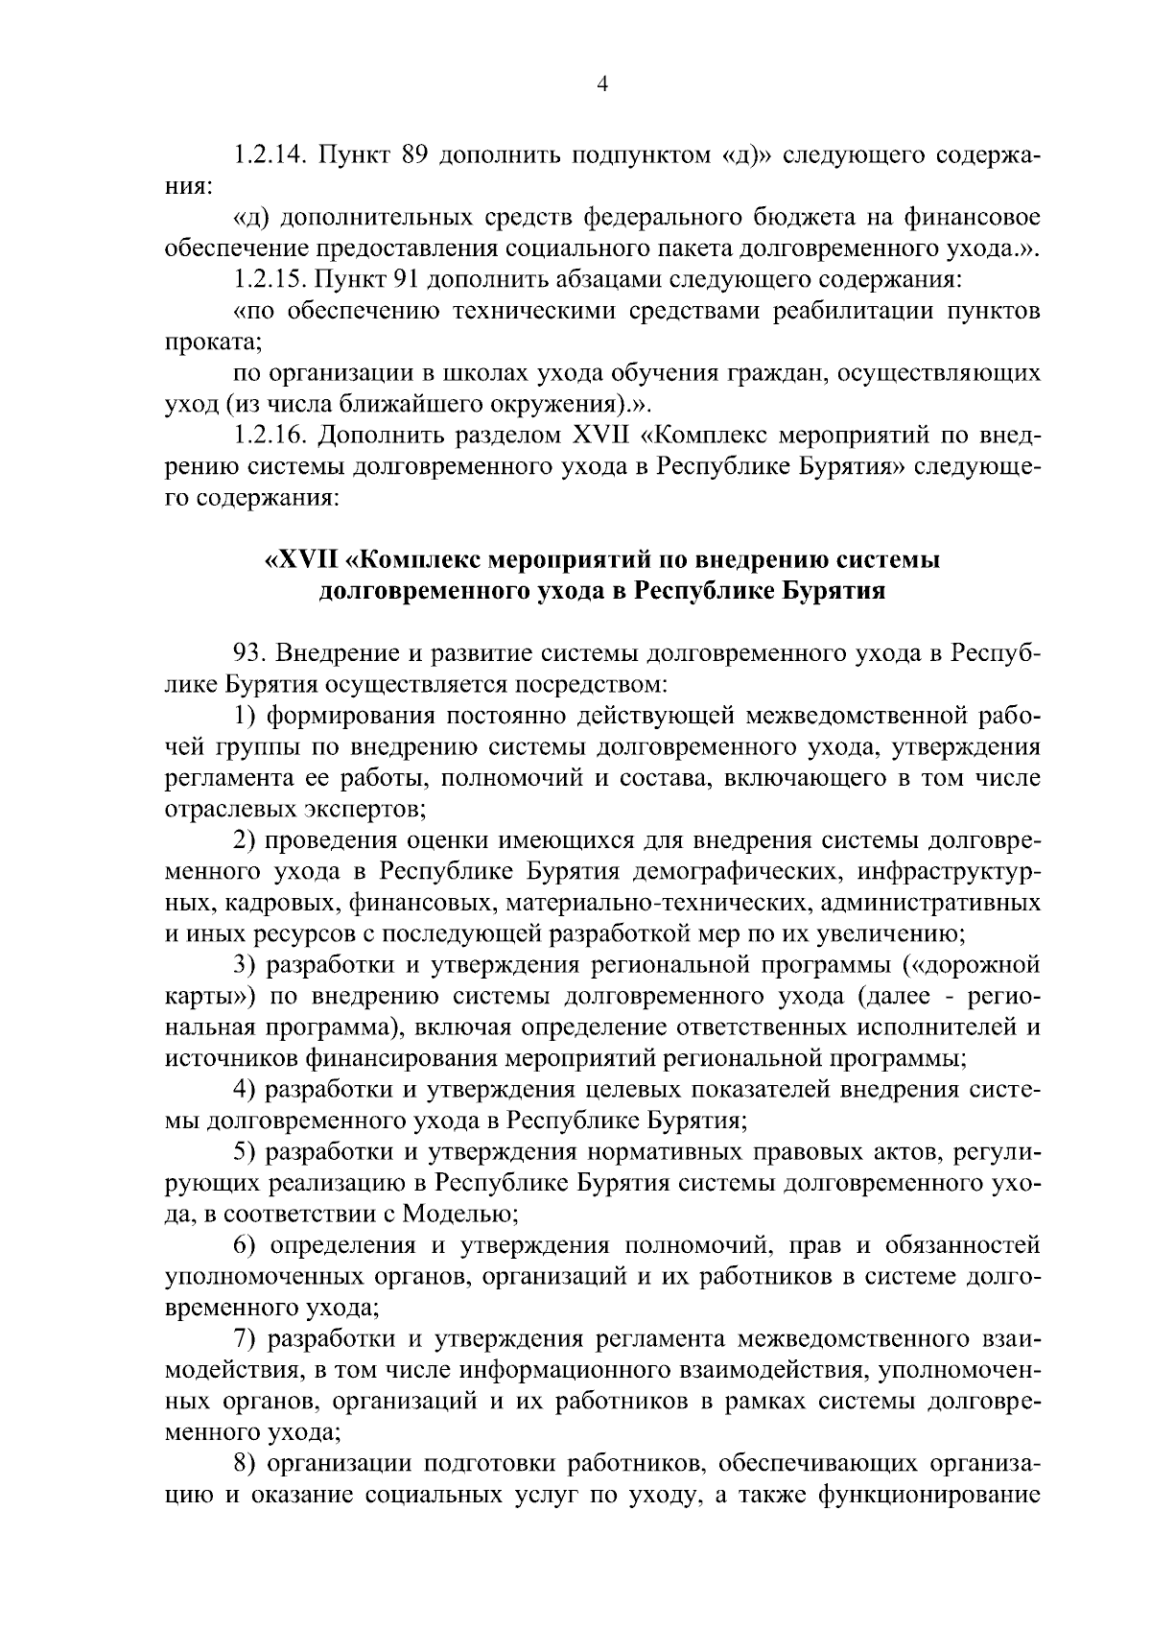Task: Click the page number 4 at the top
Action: tap(602, 84)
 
